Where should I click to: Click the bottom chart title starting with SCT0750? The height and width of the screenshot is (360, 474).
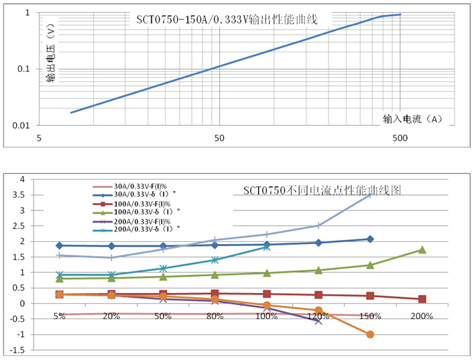[x=322, y=190]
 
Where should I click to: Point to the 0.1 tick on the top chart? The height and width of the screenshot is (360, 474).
[x=24, y=69]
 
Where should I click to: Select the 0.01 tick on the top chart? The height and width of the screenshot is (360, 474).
[x=22, y=125]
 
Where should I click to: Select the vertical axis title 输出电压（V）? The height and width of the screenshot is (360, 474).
[x=51, y=54]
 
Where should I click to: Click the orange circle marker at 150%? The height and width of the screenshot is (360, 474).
[x=370, y=335]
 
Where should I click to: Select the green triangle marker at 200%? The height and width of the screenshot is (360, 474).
[x=422, y=250]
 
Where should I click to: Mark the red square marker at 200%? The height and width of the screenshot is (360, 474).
[x=422, y=299]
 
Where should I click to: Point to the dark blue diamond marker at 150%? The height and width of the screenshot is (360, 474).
[x=370, y=239]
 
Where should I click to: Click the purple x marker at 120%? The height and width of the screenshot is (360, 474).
[x=318, y=321]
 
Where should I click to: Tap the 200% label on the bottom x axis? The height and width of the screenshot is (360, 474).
[x=422, y=316]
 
